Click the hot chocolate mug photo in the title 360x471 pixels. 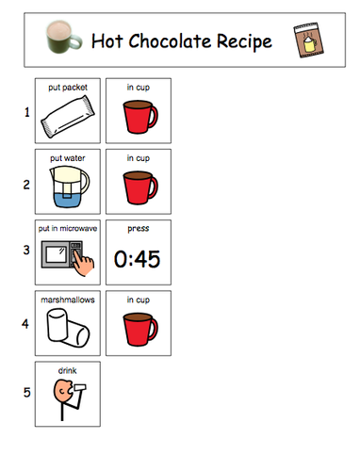point(63,40)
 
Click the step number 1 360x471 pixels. point(25,112)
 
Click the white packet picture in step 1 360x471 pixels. point(67,118)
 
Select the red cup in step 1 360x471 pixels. point(139,119)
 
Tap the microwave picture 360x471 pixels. point(62,258)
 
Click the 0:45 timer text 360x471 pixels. point(138,259)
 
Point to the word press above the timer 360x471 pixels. point(138,228)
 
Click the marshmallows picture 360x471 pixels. point(67,330)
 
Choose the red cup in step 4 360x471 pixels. point(139,331)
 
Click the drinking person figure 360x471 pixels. point(67,399)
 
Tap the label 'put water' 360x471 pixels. point(67,158)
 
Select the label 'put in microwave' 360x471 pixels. point(67,229)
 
